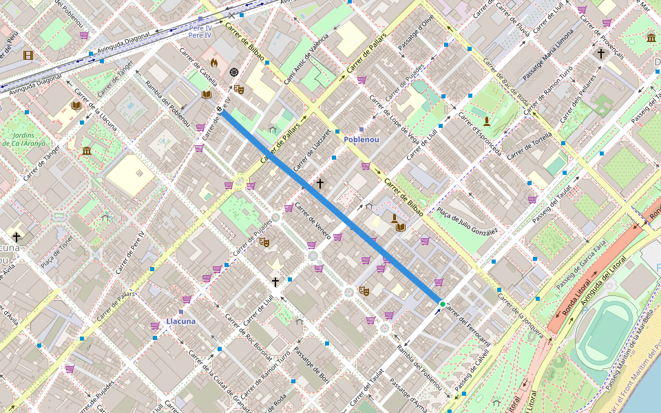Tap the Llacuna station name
180,321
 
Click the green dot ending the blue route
442,304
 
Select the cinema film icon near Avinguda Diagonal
28,55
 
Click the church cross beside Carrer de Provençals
601,53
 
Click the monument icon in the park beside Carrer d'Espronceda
487,122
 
